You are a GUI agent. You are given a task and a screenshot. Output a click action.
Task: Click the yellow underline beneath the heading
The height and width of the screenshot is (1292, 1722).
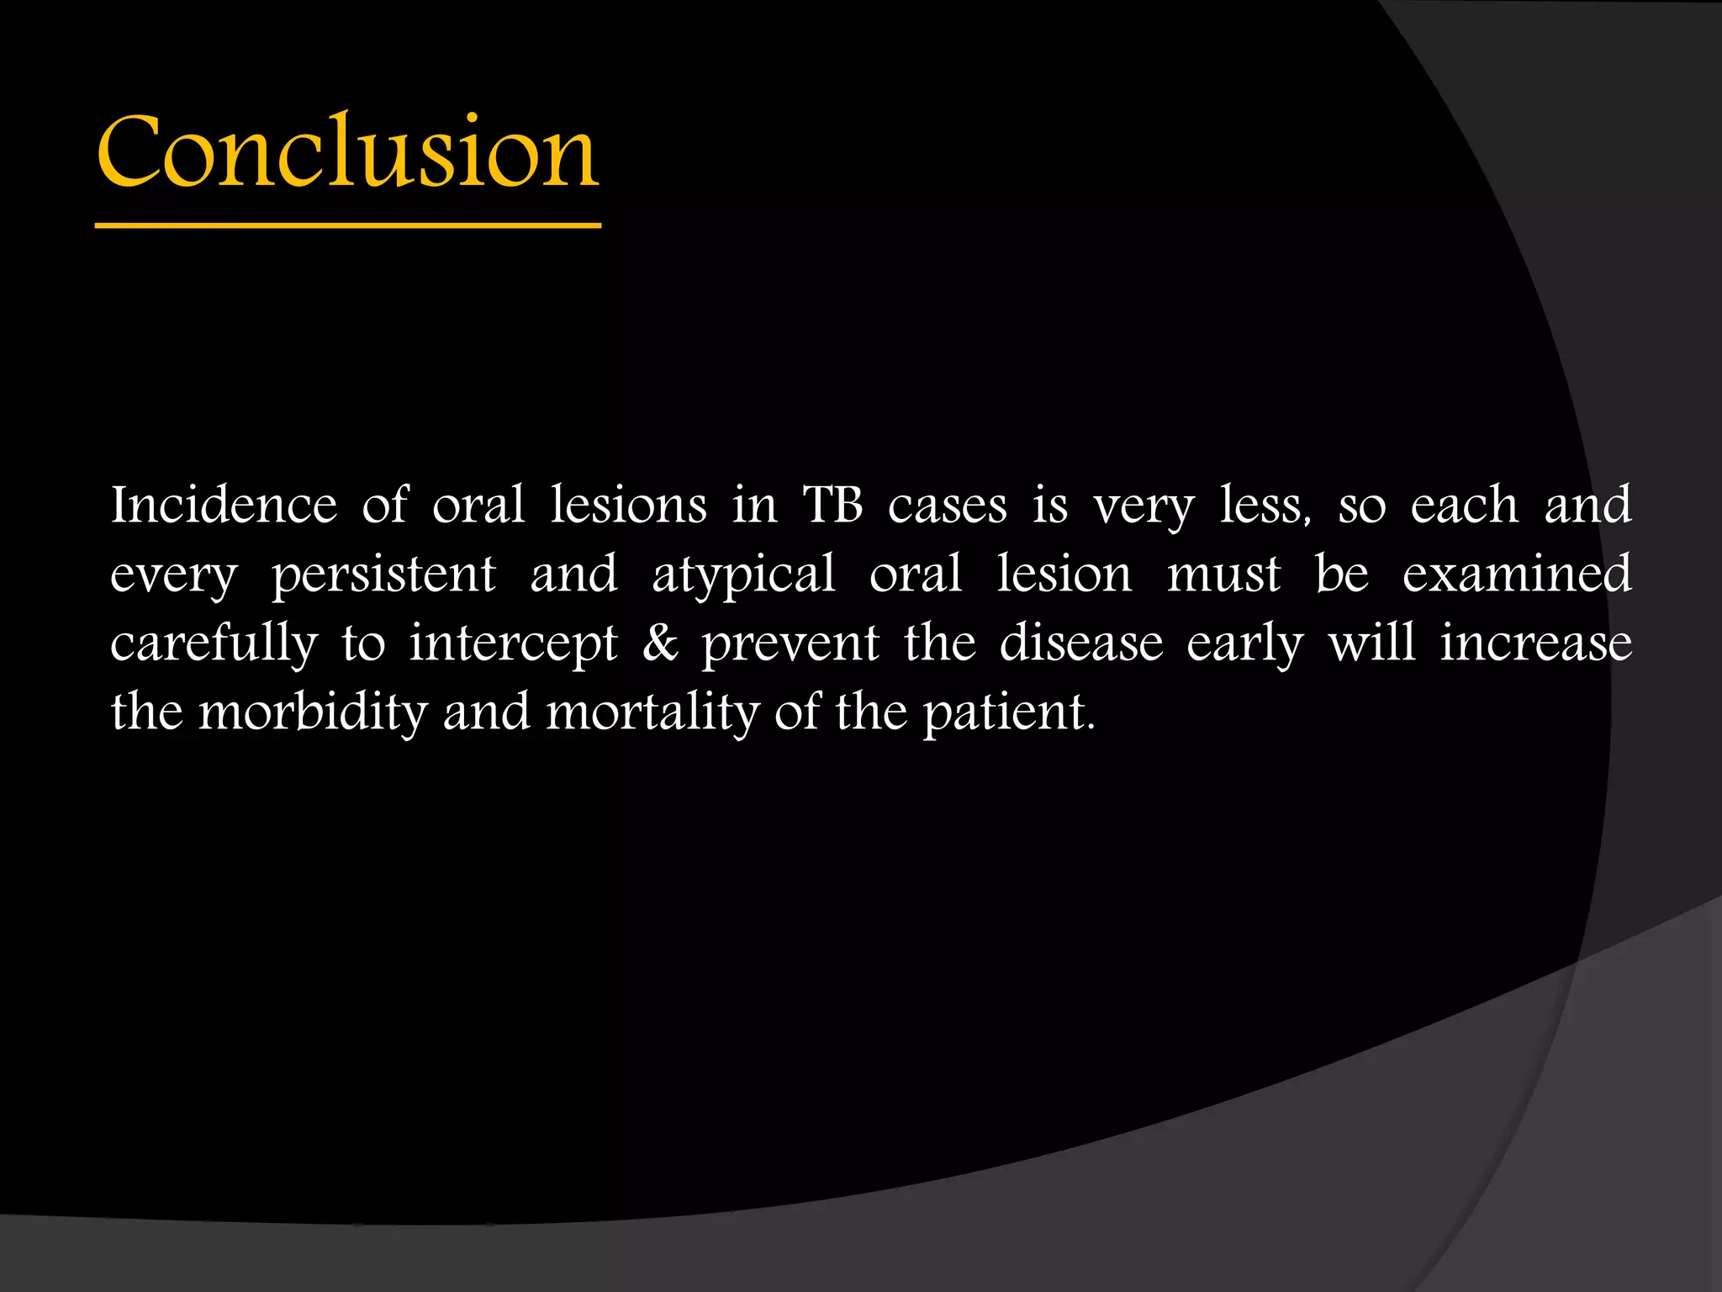click(347, 225)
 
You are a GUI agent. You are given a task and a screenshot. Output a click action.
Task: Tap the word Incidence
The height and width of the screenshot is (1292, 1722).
click(224, 505)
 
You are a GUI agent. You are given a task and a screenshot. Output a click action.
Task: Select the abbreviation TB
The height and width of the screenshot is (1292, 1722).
click(832, 505)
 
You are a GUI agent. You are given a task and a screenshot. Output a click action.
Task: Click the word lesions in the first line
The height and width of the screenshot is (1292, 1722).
click(628, 505)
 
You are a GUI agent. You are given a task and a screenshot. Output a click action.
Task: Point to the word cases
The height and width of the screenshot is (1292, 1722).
click(947, 506)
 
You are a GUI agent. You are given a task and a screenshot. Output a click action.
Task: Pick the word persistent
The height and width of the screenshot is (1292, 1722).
click(383, 575)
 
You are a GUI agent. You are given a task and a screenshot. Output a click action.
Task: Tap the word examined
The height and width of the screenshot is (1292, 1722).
click(1516, 574)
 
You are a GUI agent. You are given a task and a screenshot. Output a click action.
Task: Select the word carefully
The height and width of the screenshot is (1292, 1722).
click(214, 644)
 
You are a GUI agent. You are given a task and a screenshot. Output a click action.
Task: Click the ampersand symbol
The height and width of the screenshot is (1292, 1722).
click(660, 643)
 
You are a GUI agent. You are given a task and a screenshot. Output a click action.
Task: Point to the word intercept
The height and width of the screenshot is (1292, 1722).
click(513, 645)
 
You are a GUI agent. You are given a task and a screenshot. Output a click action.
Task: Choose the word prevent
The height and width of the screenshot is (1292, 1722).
click(790, 645)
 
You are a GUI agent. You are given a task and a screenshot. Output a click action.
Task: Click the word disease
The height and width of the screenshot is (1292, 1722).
click(1081, 643)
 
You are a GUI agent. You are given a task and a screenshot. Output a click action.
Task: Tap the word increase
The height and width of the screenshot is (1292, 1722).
click(1535, 643)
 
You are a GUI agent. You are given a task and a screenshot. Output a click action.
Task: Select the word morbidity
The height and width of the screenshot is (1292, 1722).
click(313, 713)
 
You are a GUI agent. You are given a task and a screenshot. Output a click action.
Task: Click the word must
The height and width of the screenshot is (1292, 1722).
click(1223, 575)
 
